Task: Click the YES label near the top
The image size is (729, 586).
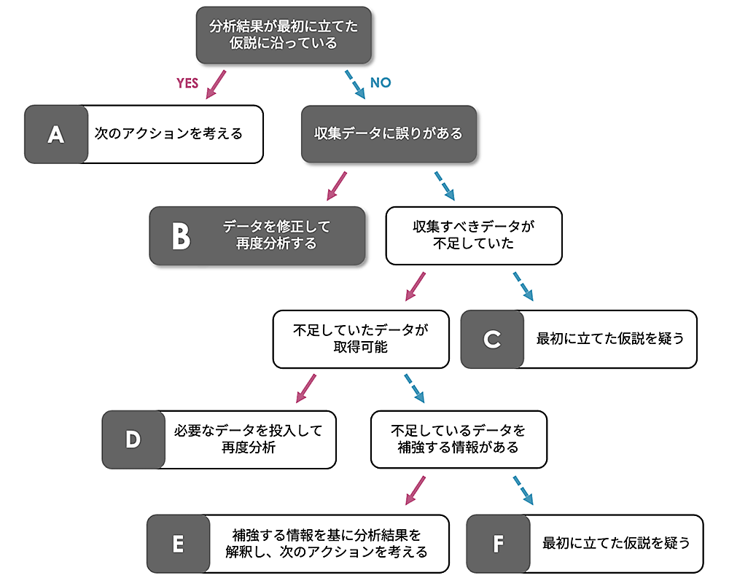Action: coord(188,83)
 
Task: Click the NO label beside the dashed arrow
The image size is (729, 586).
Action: coord(381,83)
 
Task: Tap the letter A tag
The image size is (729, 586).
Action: coord(56,134)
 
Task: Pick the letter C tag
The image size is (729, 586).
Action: coord(492,339)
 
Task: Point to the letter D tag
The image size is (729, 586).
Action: coord(133,439)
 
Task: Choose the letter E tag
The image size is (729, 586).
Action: coord(178,543)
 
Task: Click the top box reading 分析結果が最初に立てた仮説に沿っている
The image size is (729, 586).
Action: coord(284,34)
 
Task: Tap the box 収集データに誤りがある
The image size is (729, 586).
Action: coord(389,134)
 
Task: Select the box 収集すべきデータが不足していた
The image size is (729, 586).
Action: coord(473,235)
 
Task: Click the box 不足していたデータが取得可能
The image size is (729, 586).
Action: coord(360,339)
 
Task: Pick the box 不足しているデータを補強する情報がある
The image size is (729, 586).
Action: coord(458,439)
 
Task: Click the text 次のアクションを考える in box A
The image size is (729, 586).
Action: coord(168,134)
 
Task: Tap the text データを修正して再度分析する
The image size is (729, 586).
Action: coord(276,235)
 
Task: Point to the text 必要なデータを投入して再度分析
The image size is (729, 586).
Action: coord(248,439)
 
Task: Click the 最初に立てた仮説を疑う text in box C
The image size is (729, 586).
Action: coord(610,339)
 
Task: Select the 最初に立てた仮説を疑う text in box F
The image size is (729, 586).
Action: coord(616,543)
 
